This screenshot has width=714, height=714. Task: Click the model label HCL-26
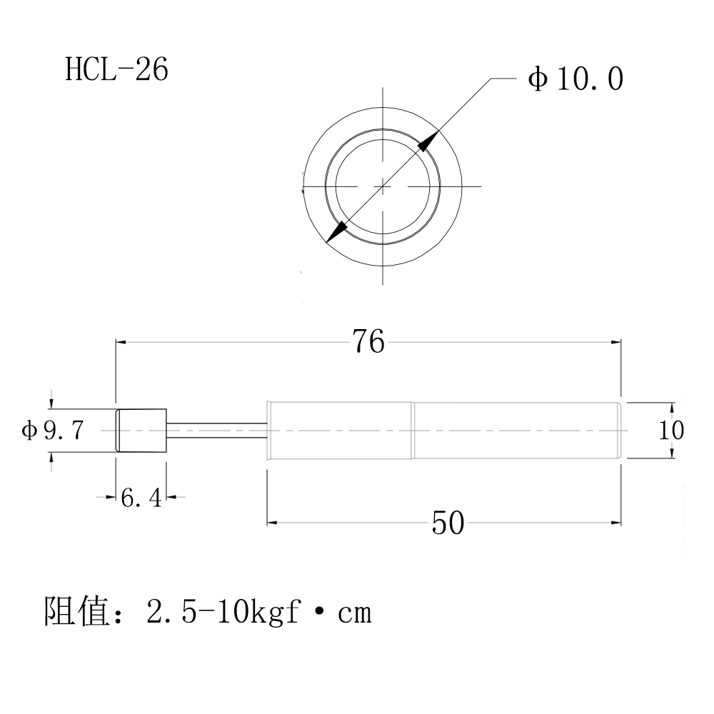(116, 70)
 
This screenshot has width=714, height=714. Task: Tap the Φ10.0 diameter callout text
(575, 79)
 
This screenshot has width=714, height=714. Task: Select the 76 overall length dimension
(368, 341)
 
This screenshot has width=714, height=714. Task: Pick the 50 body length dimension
(448, 523)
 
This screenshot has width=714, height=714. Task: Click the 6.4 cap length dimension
(141, 497)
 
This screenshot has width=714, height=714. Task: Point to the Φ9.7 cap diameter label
(53, 431)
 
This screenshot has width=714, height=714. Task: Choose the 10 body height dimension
(672, 431)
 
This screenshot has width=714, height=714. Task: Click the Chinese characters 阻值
(77, 611)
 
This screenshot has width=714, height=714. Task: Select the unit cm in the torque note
(355, 614)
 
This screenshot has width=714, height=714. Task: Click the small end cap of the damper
(141, 431)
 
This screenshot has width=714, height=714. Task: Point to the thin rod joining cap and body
(217, 431)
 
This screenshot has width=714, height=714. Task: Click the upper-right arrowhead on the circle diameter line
(428, 141)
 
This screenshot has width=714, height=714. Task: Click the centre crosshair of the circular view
(383, 186)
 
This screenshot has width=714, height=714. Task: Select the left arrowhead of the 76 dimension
(121, 341)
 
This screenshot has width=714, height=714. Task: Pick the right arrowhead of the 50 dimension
(615, 523)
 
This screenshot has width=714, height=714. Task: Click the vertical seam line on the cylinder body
(413, 431)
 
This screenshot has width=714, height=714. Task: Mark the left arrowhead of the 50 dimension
(272, 523)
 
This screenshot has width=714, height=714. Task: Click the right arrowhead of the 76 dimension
(615, 341)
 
